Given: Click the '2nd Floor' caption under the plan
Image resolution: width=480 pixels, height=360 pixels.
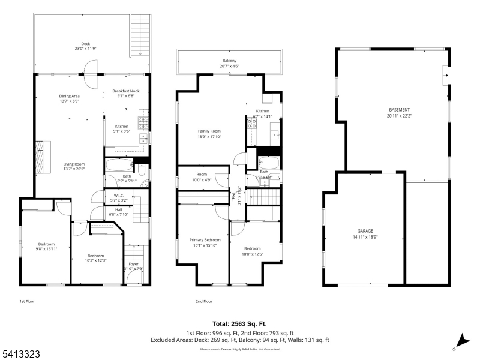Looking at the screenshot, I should pyautogui.click(x=204, y=302).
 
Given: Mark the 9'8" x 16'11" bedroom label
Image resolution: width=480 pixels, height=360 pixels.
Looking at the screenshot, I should pyautogui.click(x=46, y=246).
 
